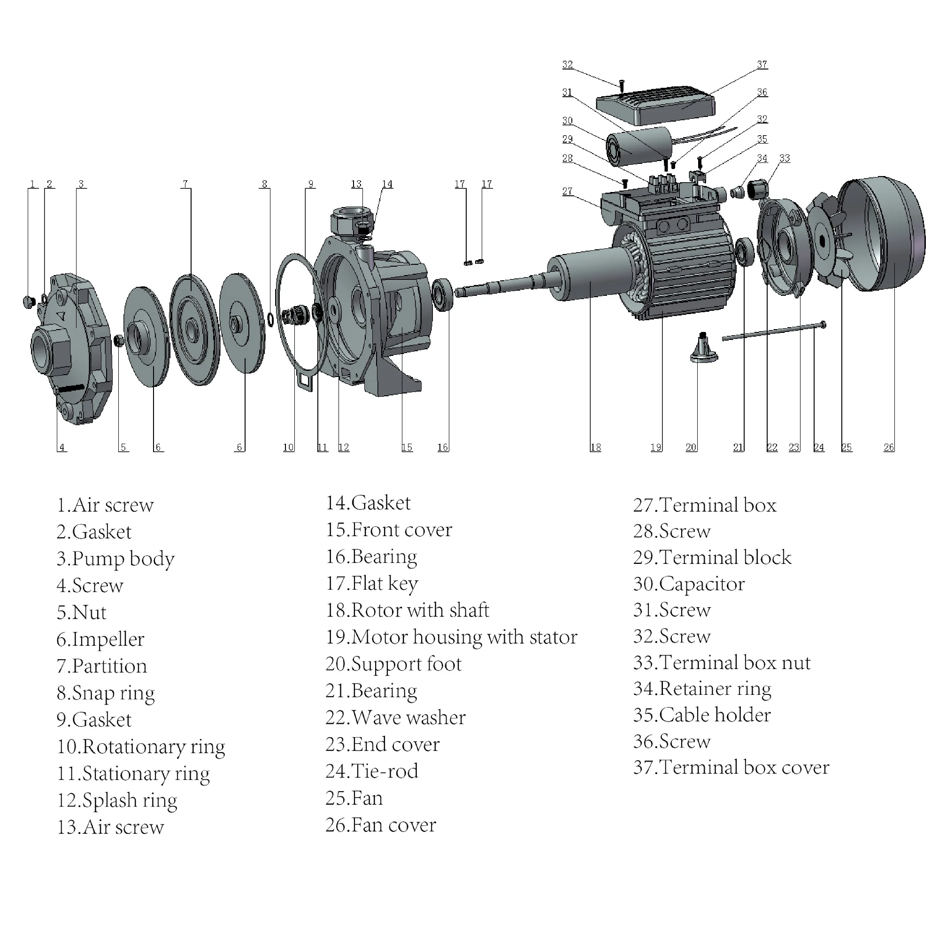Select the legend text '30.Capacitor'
click(688, 584)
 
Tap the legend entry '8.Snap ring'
click(106, 693)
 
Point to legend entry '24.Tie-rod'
click(371, 771)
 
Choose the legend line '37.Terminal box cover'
click(731, 768)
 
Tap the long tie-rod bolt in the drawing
click(773, 331)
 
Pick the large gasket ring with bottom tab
click(298, 316)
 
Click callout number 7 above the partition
click(185, 184)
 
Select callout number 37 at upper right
click(762, 65)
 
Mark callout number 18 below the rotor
click(595, 447)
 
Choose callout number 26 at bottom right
click(888, 447)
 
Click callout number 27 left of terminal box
click(567, 191)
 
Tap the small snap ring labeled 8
click(270, 319)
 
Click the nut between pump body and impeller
click(119, 341)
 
